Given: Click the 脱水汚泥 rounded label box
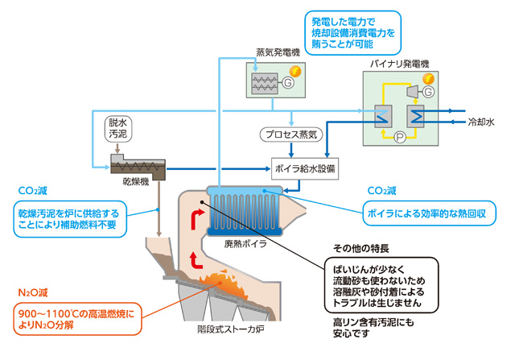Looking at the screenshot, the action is (x=118, y=129).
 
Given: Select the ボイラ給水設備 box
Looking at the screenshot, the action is (x=305, y=168).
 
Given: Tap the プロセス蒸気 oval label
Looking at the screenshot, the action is (x=291, y=134).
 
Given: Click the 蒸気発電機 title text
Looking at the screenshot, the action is (x=278, y=52).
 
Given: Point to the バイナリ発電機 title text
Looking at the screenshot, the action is (x=400, y=64).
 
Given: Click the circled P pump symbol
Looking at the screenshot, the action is (x=400, y=137).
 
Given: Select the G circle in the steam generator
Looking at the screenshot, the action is (x=288, y=82).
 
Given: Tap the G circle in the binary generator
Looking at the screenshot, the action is (x=428, y=92).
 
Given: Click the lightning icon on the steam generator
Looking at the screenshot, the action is (x=294, y=71).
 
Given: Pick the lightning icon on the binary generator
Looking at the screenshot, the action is (x=428, y=79).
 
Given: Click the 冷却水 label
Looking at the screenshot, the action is (x=481, y=122).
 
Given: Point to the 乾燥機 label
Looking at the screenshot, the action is (x=136, y=182).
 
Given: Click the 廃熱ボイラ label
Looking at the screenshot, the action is (x=245, y=244).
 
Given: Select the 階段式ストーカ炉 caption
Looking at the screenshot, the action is (x=231, y=329).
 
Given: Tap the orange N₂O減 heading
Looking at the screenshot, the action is (x=33, y=293).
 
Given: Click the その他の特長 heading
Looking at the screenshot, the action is (x=361, y=249).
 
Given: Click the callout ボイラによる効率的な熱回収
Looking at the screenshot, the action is (x=430, y=213).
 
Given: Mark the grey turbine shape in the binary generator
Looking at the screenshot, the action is (x=413, y=92).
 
